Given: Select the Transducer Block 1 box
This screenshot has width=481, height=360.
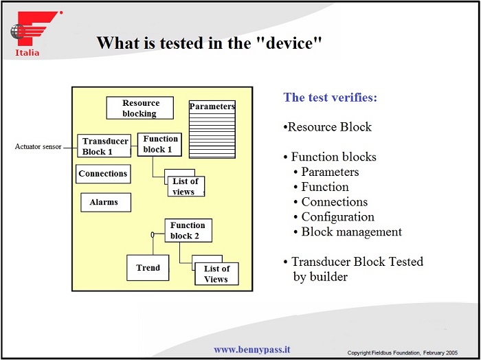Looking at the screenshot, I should [104, 146].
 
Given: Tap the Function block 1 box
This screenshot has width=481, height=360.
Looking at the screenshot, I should [160, 144].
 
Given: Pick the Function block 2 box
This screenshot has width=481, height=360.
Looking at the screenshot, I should [188, 230].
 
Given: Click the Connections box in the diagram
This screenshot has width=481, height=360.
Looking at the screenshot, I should [103, 174].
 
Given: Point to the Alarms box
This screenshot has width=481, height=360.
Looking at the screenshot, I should [104, 202].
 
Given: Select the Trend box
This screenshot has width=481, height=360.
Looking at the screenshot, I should [148, 268].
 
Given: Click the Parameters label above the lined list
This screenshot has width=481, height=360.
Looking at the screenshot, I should [212, 106].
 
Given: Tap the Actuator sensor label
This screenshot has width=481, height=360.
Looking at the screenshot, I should [38, 146].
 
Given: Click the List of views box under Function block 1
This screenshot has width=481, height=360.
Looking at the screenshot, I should [185, 186].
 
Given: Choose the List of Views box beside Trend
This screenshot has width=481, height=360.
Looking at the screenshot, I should [216, 273].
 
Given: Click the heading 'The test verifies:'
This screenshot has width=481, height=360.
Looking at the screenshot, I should [331, 97].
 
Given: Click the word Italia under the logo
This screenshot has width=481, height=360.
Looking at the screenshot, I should [27, 53].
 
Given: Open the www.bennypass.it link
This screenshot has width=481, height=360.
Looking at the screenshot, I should [251, 350].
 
